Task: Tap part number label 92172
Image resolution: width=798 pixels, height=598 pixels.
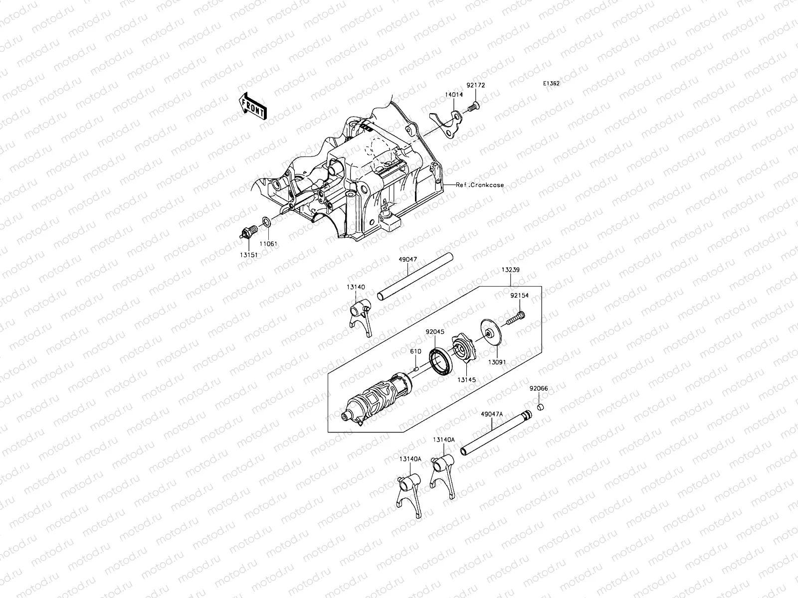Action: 476,85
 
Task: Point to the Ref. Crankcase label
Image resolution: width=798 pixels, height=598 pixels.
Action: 480,185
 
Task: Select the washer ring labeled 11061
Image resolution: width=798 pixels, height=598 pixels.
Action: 267,221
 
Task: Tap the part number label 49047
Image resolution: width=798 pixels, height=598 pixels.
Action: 408,260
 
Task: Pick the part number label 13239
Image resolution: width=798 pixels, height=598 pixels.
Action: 511,270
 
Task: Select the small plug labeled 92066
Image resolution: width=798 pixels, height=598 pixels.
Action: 540,408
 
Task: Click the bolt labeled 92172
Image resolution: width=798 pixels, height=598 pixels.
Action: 474,107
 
